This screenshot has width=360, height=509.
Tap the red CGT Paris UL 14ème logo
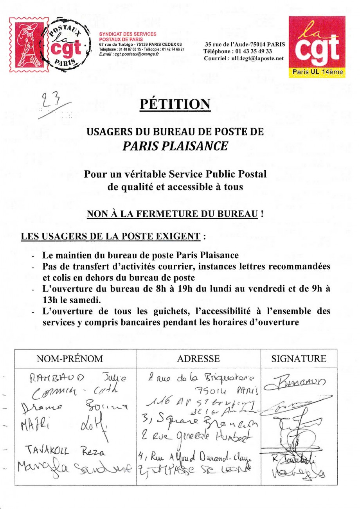317,47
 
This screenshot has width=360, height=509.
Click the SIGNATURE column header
299,359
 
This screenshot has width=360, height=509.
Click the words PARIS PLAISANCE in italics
175,146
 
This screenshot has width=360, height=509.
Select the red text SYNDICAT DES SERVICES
128,34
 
